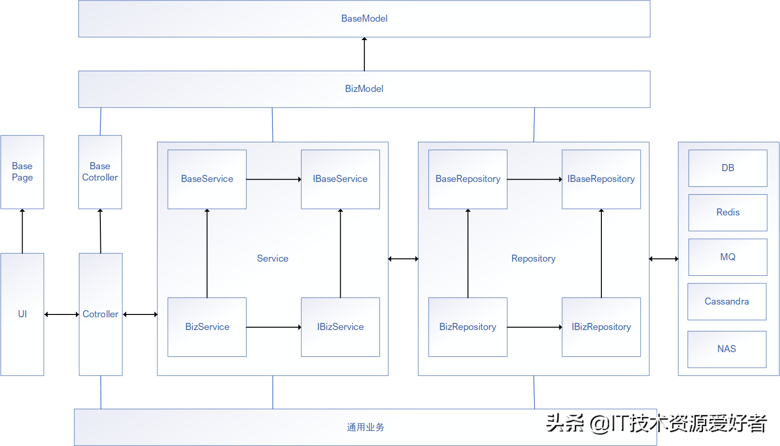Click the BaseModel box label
tap(364, 18)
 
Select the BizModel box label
tap(364, 89)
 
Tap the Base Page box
tap(22, 172)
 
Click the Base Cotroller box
tap(100, 172)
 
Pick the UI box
tap(22, 314)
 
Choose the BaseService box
tap(207, 179)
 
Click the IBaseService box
tap(340, 179)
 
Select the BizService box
tap(207, 327)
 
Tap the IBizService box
tap(340, 327)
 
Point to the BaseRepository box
tap(468, 179)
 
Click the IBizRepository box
tap(601, 327)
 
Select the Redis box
tap(728, 213)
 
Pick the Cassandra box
tap(727, 302)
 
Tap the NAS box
tap(727, 349)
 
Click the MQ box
tap(728, 257)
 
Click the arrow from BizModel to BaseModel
tap(364, 54)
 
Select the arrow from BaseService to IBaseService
tap(273, 179)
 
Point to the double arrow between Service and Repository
tap(403, 259)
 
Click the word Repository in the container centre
tap(533, 258)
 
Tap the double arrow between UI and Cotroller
tap(61, 314)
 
